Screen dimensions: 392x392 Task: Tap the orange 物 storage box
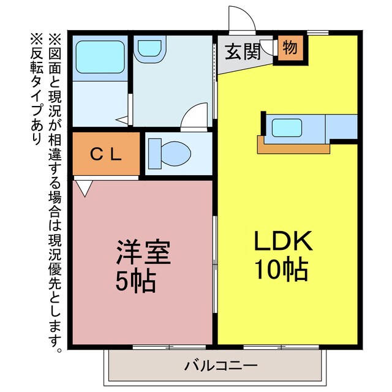[x=290, y=48]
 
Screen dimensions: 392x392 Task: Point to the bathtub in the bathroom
[x=99, y=58]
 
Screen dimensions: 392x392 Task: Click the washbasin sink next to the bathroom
[x=149, y=49]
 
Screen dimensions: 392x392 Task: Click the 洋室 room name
[x=144, y=253]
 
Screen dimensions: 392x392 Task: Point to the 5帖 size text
[x=136, y=281]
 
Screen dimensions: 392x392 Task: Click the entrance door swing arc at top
[x=241, y=18]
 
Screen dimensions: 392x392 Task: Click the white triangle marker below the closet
[x=83, y=187]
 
